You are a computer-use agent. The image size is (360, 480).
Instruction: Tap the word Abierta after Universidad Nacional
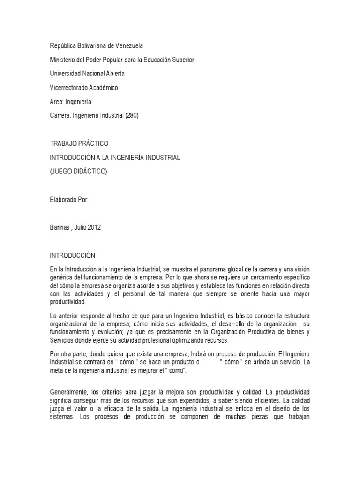click(114, 74)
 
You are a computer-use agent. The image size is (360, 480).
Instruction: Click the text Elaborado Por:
click(69, 199)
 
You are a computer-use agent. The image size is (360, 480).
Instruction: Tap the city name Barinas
click(60, 227)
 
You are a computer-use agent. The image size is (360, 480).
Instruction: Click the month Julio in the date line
click(77, 227)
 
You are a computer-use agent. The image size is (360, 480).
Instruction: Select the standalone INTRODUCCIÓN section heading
click(73, 255)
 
